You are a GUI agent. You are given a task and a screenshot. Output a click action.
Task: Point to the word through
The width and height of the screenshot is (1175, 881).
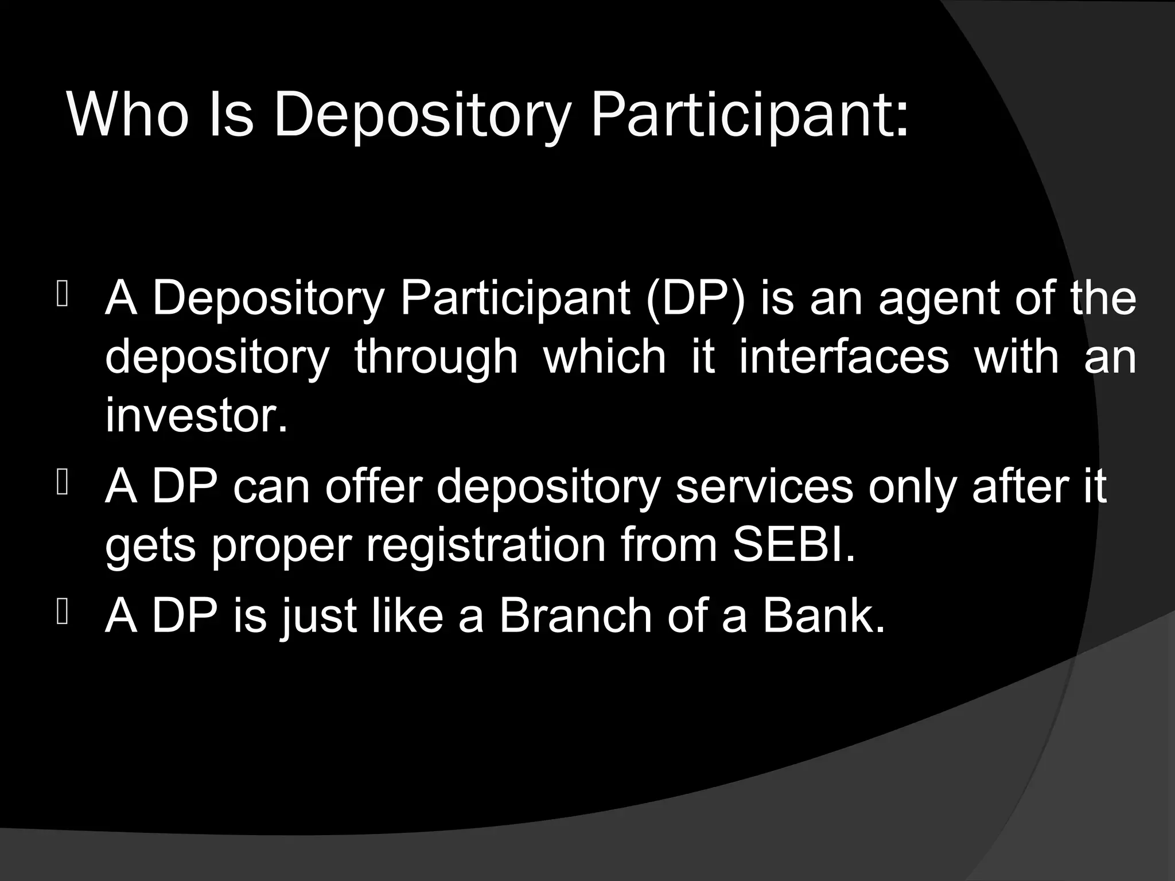point(436,357)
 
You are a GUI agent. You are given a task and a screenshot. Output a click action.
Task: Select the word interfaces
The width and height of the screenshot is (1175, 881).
point(843,356)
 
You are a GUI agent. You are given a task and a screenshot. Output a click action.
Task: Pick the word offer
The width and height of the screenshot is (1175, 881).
point(374,486)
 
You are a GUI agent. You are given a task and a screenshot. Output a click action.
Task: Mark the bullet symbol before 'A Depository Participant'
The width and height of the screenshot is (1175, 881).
point(63,295)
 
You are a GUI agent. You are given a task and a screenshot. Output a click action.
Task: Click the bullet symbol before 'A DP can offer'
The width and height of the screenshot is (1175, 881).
point(63,484)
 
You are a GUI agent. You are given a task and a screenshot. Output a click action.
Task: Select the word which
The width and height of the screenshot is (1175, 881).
point(604,356)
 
